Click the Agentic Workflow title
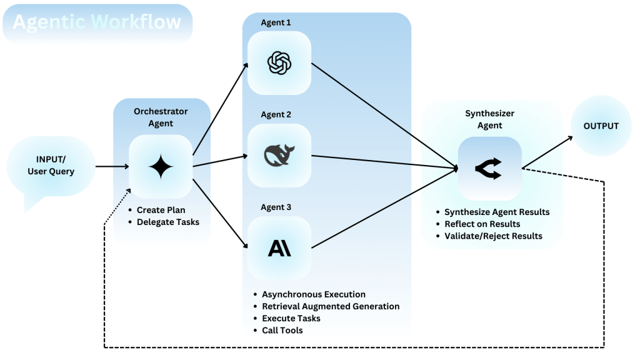pyautogui.click(x=97, y=23)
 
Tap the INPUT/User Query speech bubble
pyautogui.click(x=51, y=166)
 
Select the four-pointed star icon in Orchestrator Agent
pyautogui.click(x=160, y=166)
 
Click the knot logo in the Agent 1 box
pyautogui.click(x=279, y=62)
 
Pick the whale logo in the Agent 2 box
pyautogui.click(x=279, y=155)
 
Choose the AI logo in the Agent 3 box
pyautogui.click(x=279, y=248)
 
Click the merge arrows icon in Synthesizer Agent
pyautogui.click(x=489, y=168)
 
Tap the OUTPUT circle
pyautogui.click(x=601, y=126)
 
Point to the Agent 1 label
pyautogui.click(x=276, y=22)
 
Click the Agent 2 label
pyautogui.click(x=276, y=115)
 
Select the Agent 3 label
pyautogui.click(x=276, y=207)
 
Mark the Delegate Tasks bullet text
pyautogui.click(x=168, y=222)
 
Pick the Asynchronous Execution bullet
pyautogui.click(x=314, y=294)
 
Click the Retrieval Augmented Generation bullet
pyautogui.click(x=331, y=306)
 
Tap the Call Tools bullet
pyautogui.click(x=282, y=330)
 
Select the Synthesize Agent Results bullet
pyautogui.click(x=497, y=212)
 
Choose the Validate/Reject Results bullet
pyautogui.click(x=493, y=236)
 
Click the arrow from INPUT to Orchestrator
pyautogui.click(x=112, y=166)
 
